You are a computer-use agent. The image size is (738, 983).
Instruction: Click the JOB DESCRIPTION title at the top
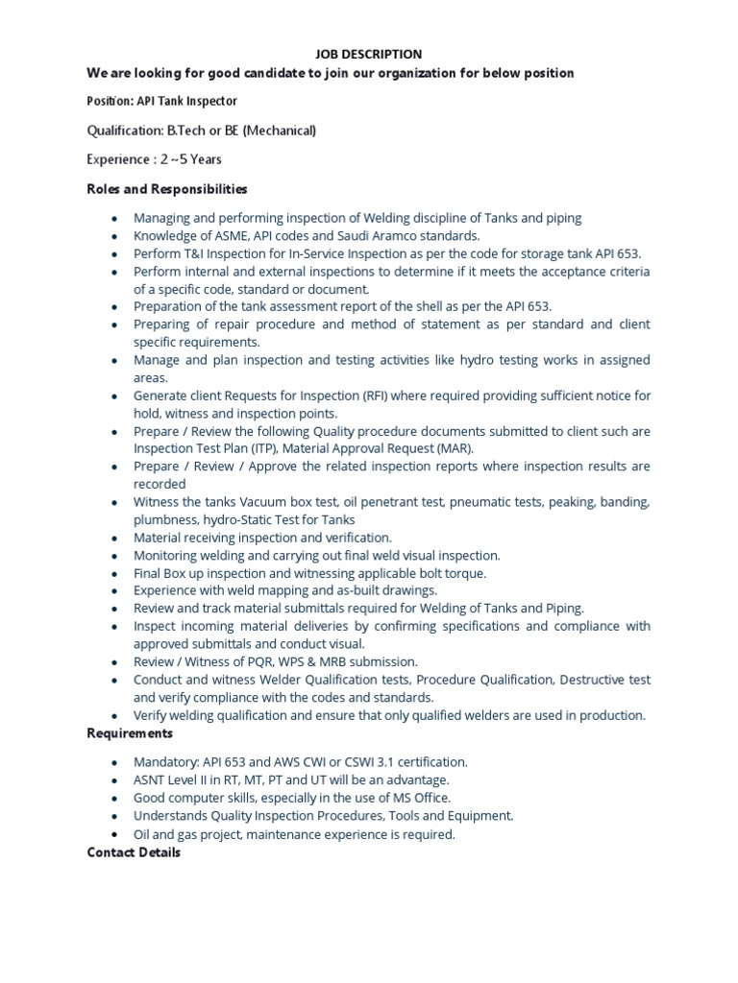click(369, 55)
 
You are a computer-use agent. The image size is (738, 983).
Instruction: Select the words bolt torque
click(450, 573)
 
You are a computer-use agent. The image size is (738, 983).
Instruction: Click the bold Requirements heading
click(130, 733)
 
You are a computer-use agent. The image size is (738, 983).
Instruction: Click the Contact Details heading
click(134, 851)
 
